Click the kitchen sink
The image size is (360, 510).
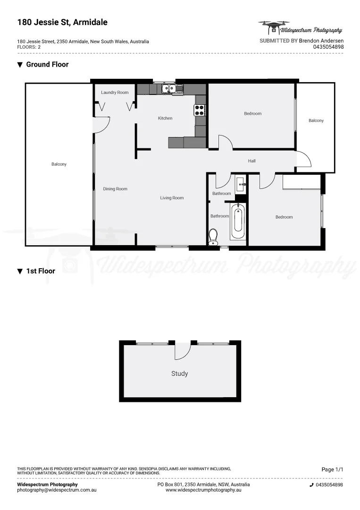(x=169, y=88)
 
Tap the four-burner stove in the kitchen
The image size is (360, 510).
(x=200, y=110)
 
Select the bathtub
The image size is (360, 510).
(x=238, y=221)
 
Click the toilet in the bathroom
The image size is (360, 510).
(x=213, y=235)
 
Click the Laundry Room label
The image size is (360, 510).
(x=115, y=93)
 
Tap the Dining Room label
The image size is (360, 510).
(x=115, y=189)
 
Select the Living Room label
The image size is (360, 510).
(x=172, y=198)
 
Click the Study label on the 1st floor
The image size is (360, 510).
(x=179, y=374)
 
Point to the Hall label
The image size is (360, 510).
(x=252, y=161)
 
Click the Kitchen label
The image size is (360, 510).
(x=165, y=118)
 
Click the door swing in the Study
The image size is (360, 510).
(x=182, y=351)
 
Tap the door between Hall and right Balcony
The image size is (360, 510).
(x=304, y=160)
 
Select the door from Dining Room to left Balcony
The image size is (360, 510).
(x=101, y=125)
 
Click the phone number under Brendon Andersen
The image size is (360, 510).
(x=328, y=47)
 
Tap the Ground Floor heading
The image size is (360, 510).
(x=47, y=65)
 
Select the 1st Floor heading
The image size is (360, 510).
(x=41, y=271)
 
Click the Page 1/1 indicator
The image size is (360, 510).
(x=332, y=469)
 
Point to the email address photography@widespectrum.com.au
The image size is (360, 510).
(x=57, y=490)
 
